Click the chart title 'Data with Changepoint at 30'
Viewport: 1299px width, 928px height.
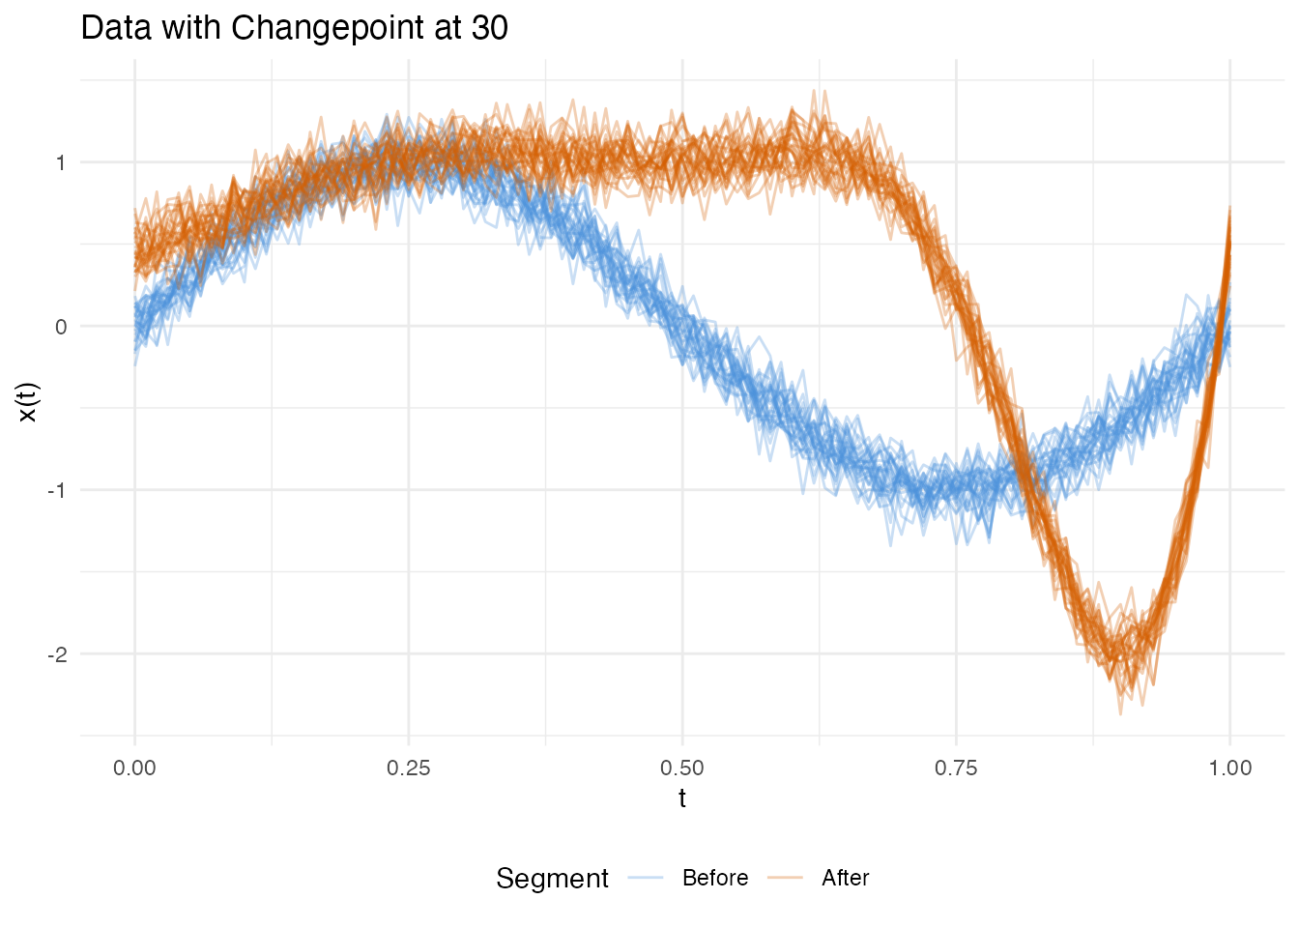[294, 28]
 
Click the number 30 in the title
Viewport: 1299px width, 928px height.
[490, 28]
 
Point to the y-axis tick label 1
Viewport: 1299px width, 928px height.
[61, 162]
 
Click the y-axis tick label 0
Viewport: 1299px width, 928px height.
[61, 327]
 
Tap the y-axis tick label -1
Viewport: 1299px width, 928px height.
[58, 490]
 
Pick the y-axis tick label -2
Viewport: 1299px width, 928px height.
[58, 654]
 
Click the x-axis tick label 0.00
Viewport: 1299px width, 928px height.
[134, 768]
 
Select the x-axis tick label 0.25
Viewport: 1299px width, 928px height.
[408, 768]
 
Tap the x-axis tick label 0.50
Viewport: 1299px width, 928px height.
[682, 768]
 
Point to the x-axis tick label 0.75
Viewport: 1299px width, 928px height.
[956, 768]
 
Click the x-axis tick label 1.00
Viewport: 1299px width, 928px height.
[1229, 768]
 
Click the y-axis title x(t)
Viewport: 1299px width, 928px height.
[28, 402]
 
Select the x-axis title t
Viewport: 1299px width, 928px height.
[682, 798]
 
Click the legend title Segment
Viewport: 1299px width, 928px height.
[552, 878]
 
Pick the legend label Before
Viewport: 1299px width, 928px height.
[714, 878]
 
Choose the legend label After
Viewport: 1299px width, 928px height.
[845, 878]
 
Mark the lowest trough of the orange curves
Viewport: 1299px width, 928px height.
[1121, 713]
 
